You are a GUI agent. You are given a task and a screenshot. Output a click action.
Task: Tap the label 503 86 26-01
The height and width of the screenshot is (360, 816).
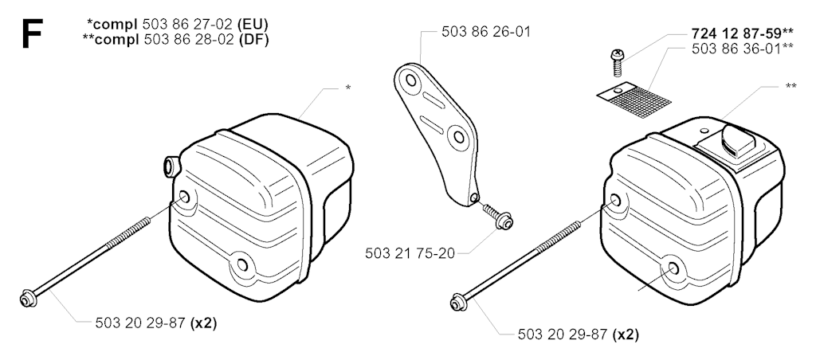(486, 32)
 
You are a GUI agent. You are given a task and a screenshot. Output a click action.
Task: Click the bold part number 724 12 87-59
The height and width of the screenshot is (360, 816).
(737, 33)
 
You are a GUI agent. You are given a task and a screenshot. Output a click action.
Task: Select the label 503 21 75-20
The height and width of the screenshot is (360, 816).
(410, 253)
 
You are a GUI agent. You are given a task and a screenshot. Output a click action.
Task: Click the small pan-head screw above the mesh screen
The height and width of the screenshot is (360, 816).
(617, 62)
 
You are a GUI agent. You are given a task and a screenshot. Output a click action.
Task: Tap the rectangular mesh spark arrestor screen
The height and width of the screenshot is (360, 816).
(634, 97)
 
